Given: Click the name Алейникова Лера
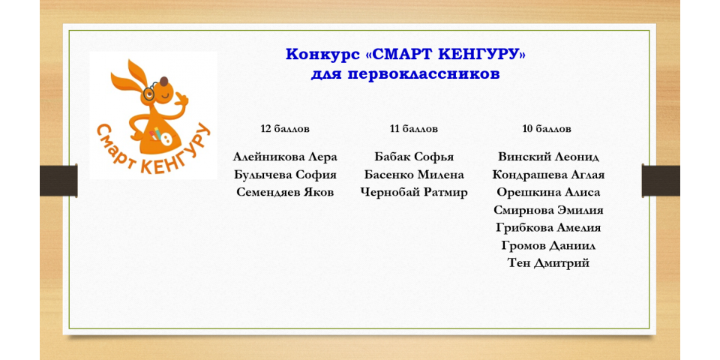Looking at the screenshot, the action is pos(285,157).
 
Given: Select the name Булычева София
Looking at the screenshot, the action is pos(285,175).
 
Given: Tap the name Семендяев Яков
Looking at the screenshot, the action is pos(285,193).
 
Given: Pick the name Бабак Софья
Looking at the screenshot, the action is pos(414,157).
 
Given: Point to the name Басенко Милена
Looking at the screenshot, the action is pos(414,175).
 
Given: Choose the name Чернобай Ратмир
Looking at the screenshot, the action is pos(414,193).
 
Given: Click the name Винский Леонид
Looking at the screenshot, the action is pos(549,157).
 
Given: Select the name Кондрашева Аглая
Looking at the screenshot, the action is pos(549,175).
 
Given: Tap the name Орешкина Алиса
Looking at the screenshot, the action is pos(549,193).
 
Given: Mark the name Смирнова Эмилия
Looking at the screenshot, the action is pos(549,210).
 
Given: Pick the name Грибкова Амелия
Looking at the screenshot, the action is pos(549,228).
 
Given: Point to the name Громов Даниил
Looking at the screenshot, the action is pos(549,246).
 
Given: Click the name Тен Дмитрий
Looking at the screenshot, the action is pos(549,263).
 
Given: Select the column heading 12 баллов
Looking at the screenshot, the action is pos(285,129).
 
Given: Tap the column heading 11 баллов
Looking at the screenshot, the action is pos(414,129).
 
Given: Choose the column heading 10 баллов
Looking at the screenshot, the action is pos(547,129).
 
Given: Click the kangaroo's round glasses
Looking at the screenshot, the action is pos(148,92).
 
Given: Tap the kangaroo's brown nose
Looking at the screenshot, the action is pos(164,82).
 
